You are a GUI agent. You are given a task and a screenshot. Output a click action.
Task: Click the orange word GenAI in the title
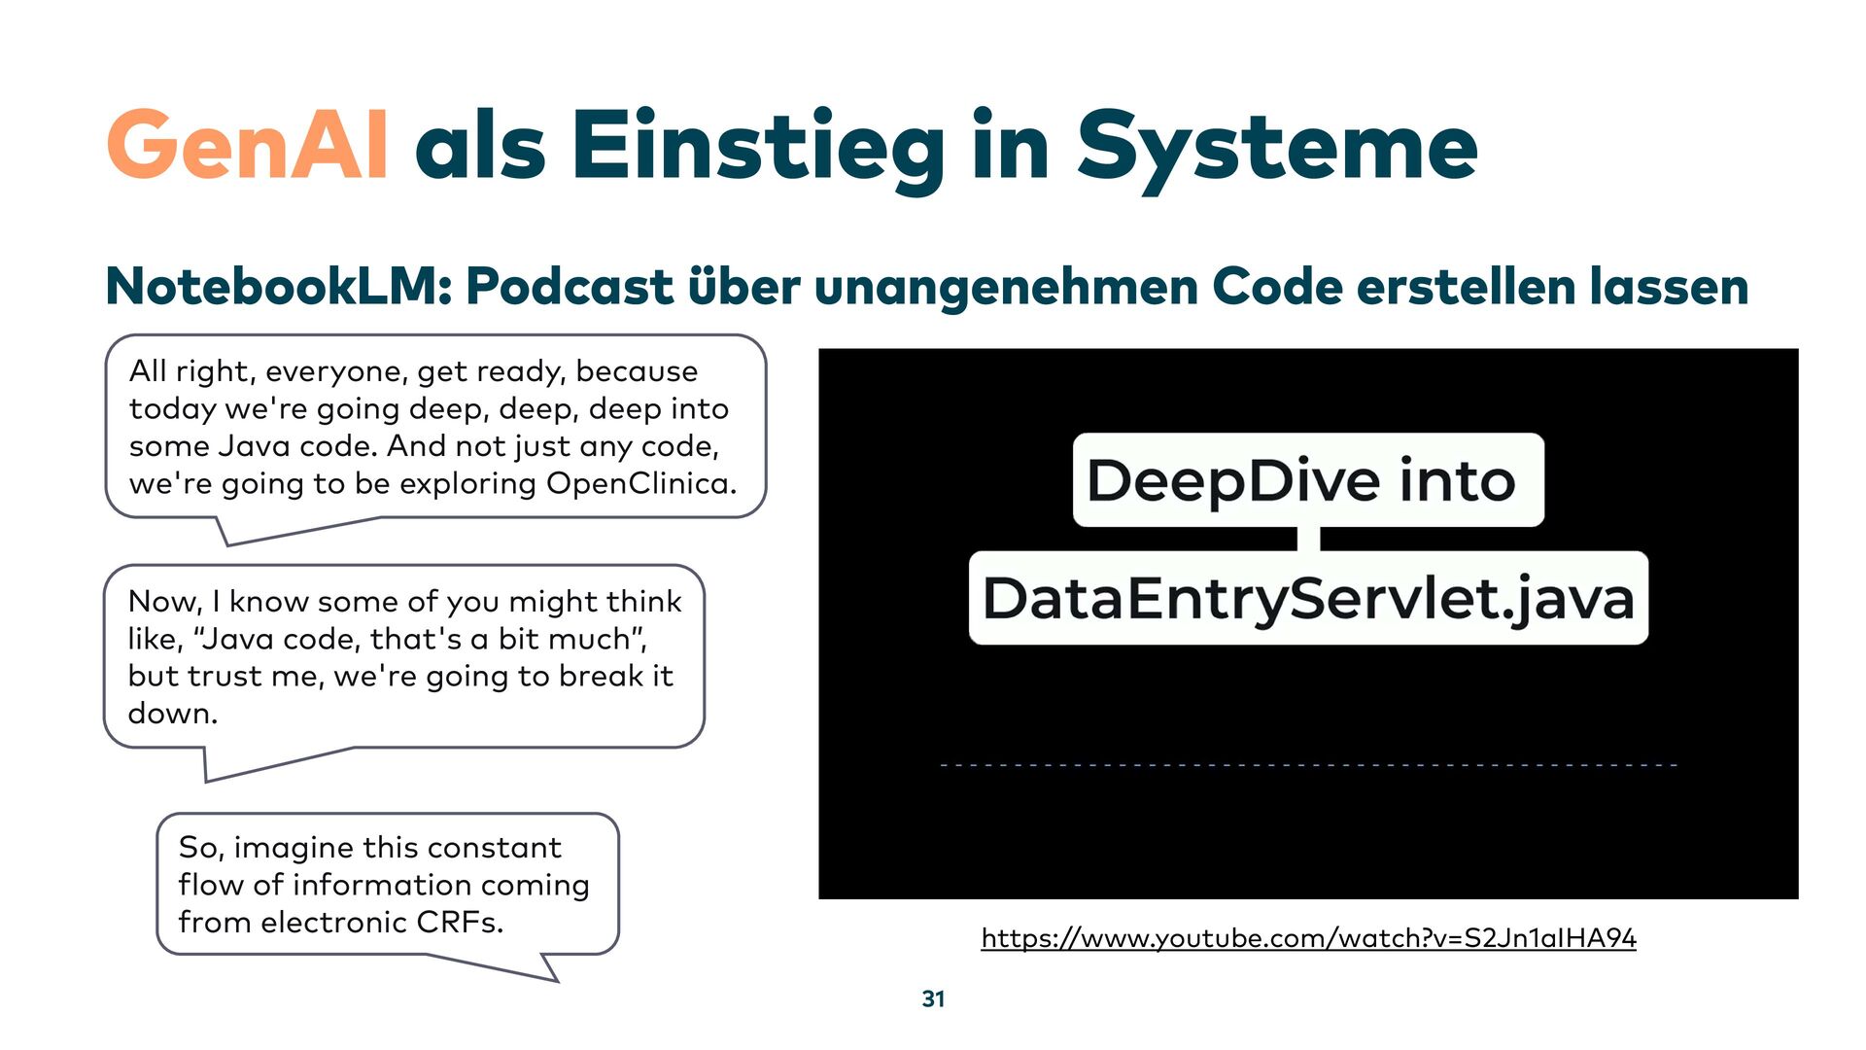tap(248, 146)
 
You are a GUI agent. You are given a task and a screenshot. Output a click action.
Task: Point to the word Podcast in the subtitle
tap(570, 287)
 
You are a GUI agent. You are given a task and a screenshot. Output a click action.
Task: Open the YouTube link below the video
tap(1308, 938)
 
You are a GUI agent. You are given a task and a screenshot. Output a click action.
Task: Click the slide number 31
tap(933, 998)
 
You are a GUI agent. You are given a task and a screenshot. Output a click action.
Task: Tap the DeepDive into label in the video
tap(1307, 480)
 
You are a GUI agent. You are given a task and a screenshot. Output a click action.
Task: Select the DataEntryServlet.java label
tap(1308, 598)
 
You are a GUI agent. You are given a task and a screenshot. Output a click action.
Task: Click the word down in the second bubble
tap(172, 714)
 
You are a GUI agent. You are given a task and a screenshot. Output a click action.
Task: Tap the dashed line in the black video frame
tap(1308, 765)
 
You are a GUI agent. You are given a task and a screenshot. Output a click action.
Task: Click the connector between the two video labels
tap(1308, 539)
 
